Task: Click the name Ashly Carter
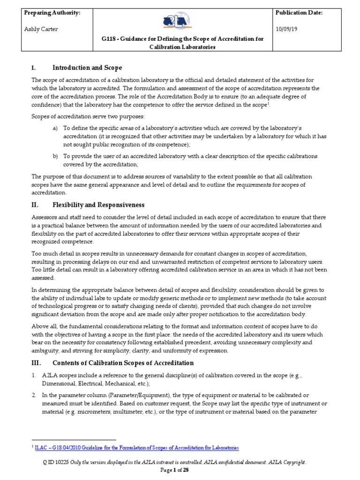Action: coord(42,29)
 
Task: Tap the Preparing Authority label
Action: coord(52,13)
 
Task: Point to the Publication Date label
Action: coord(300,13)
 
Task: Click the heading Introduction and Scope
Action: coord(87,68)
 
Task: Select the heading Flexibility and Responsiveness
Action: coord(98,205)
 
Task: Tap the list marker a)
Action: coord(55,128)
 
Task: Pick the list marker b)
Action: coord(55,156)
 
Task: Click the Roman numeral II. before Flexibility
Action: coord(35,205)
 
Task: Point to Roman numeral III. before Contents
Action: coord(36,363)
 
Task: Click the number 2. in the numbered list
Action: coord(34,395)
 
